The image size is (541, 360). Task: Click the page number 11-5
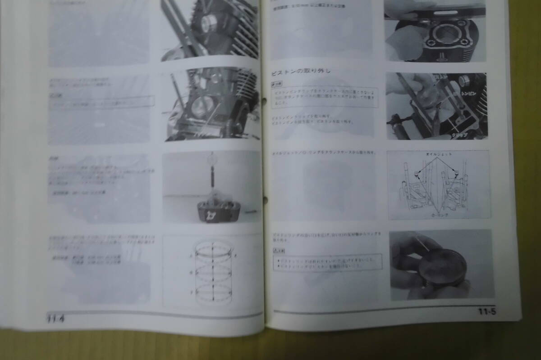pos(487,311)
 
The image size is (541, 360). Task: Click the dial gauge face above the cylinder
pos(211,159)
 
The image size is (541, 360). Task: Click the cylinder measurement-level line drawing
pos(212,272)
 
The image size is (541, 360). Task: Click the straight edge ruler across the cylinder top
pos(435,12)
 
